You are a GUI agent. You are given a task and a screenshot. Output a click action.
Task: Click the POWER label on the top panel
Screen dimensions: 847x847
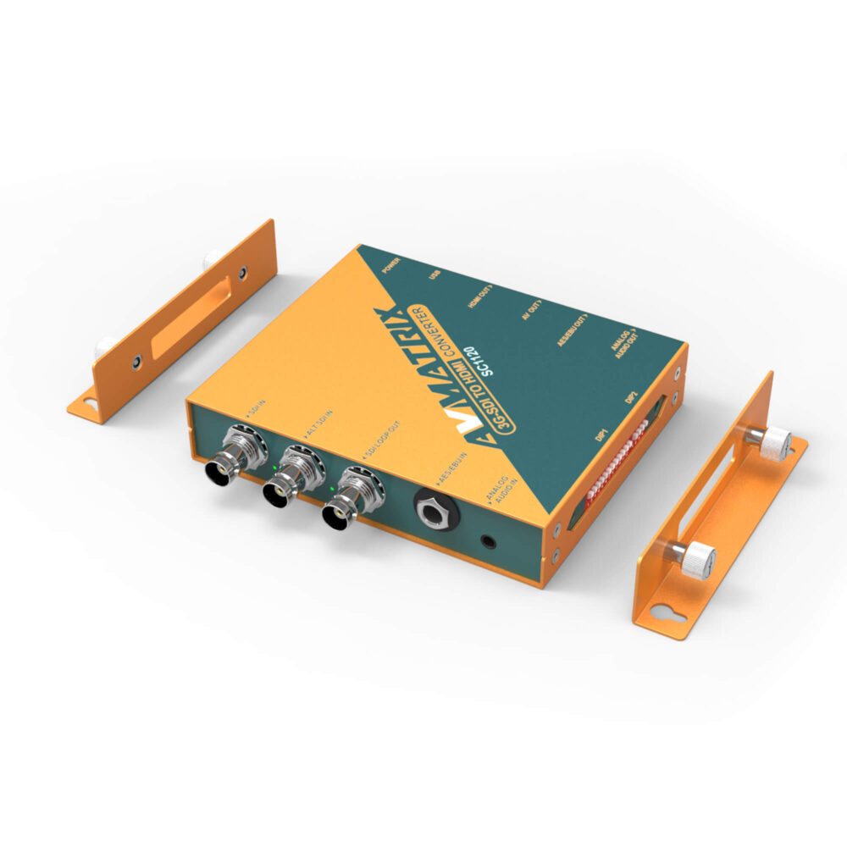390,264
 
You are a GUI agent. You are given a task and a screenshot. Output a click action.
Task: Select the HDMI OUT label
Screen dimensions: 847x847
482,294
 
